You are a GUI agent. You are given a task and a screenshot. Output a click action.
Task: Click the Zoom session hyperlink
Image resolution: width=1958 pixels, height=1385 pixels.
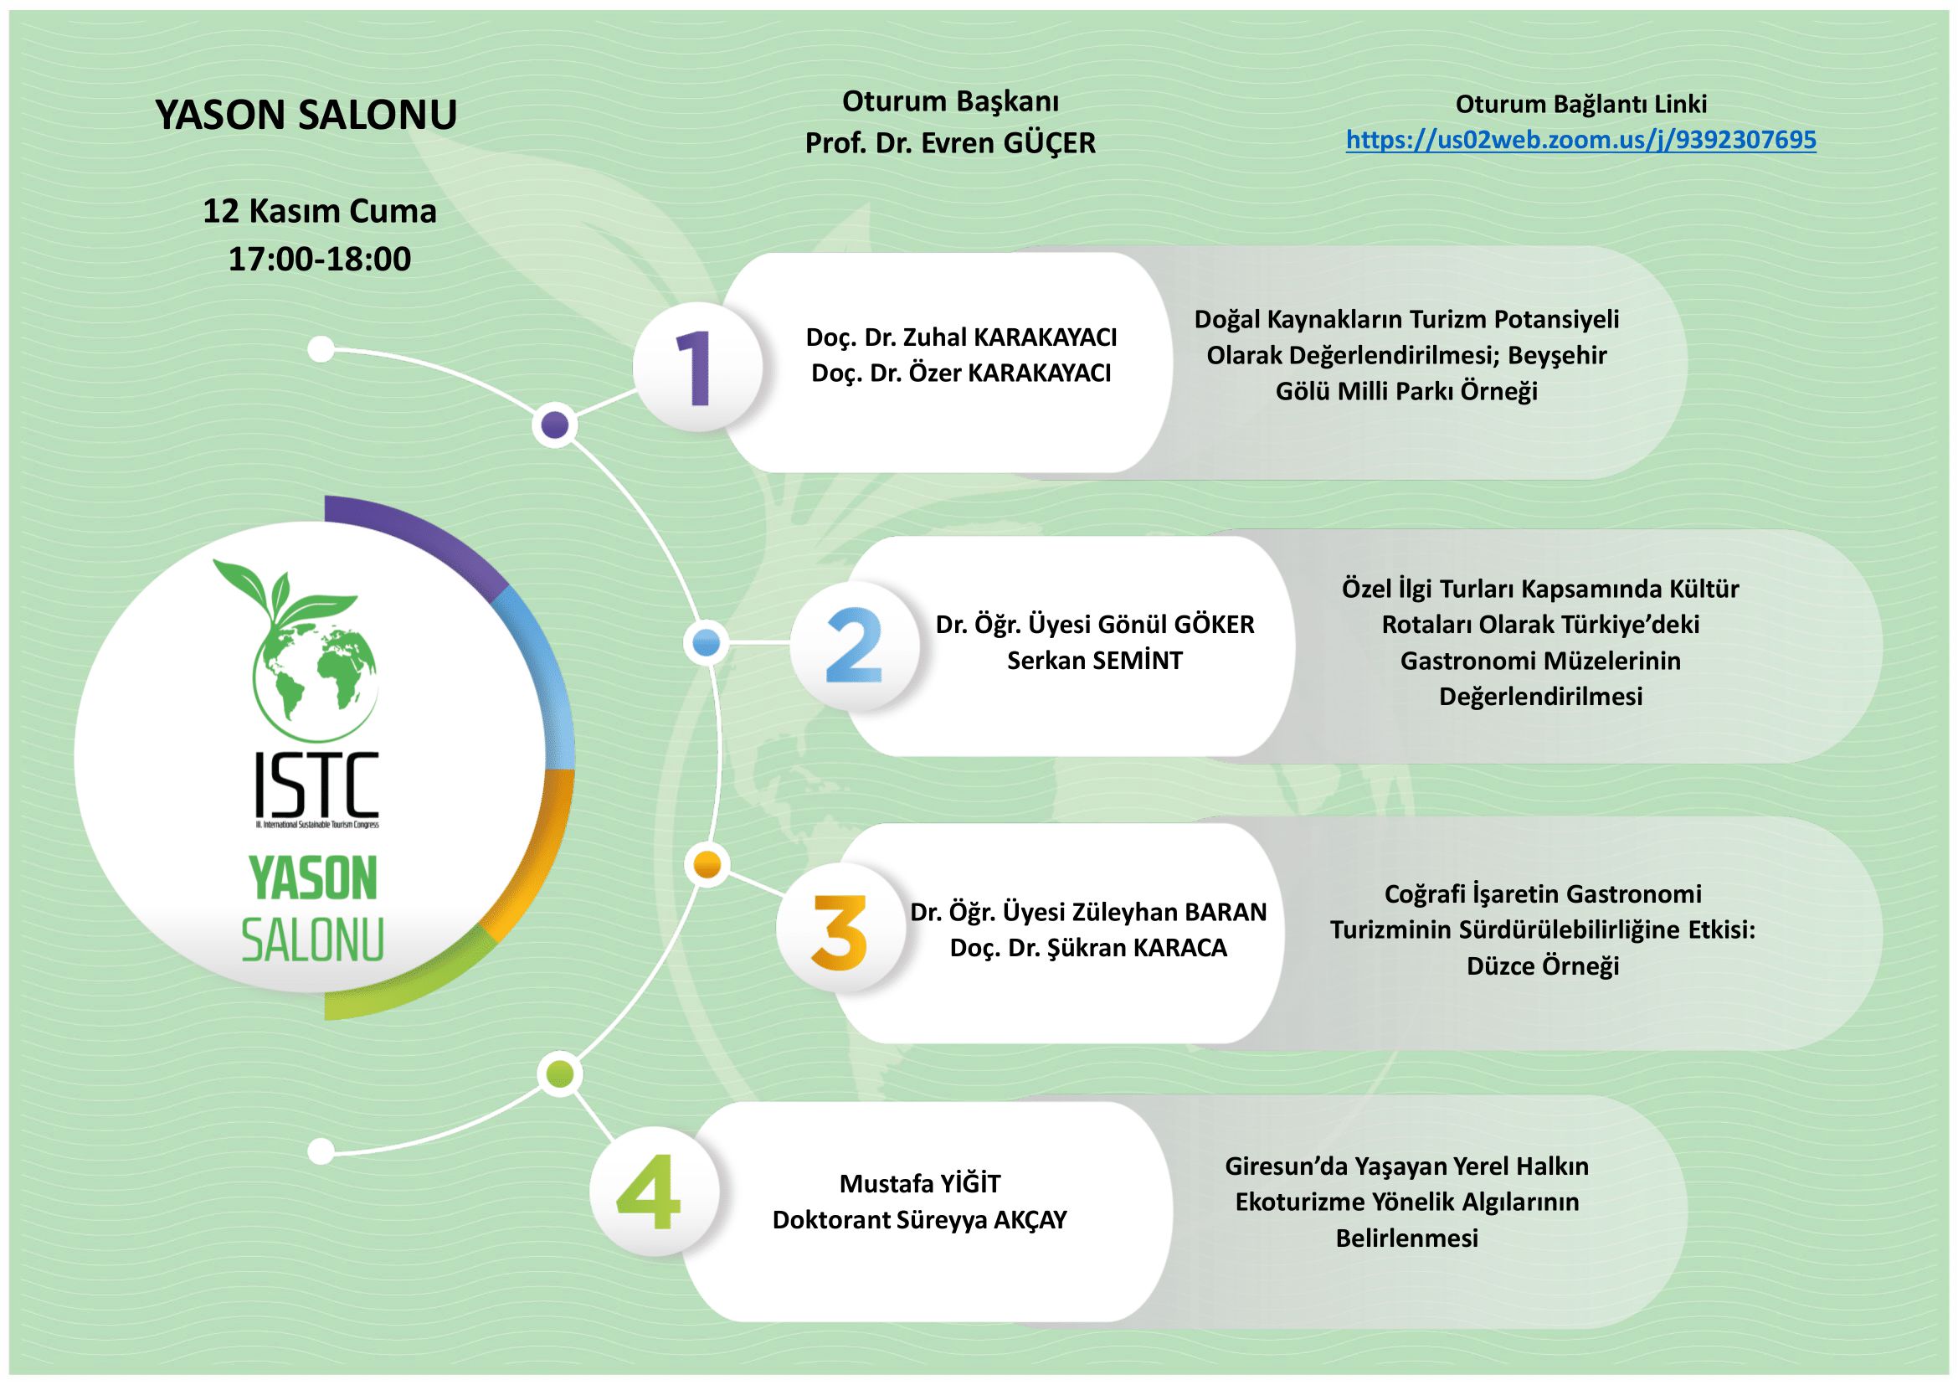coord(1581,140)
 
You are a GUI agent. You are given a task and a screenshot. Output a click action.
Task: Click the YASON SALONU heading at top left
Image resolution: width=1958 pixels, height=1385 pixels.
coord(306,114)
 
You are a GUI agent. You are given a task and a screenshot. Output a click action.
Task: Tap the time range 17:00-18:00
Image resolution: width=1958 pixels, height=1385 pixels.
coord(320,259)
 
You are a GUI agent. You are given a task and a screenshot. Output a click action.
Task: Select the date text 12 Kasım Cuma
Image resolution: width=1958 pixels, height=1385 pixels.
coord(320,211)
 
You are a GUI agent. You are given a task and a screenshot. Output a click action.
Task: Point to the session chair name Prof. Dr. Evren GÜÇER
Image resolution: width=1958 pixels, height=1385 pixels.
coord(951,143)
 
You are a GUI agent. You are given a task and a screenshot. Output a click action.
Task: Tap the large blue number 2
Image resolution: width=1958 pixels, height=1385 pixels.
coord(854,646)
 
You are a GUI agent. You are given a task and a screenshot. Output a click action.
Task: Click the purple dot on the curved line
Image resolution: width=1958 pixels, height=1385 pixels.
coord(555,424)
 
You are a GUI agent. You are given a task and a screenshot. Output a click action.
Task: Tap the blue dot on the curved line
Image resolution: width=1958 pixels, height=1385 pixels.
coord(707,642)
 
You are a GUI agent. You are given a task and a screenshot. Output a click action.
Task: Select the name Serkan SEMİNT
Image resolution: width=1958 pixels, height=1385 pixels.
coord(1095,661)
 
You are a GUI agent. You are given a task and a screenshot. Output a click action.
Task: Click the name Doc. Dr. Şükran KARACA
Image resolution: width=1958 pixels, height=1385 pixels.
coord(1088,949)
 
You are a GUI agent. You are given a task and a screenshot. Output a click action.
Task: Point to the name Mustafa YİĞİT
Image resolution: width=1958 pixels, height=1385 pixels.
coord(920,1184)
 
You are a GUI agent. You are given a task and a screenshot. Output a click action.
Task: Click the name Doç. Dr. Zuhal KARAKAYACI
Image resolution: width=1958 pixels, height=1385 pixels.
coord(961,337)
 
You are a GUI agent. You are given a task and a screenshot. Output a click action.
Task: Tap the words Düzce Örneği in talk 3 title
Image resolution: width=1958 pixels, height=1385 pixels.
coord(1543,966)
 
